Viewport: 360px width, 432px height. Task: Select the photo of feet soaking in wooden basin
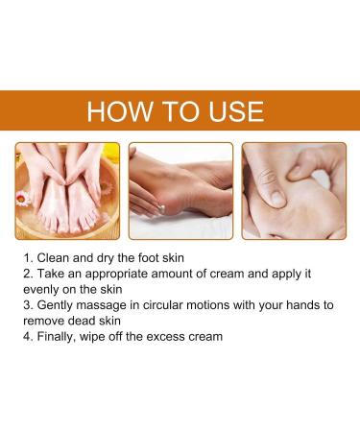click(x=66, y=190)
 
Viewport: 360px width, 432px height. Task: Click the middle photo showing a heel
click(x=180, y=190)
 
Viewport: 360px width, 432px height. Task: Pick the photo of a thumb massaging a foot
click(x=294, y=190)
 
